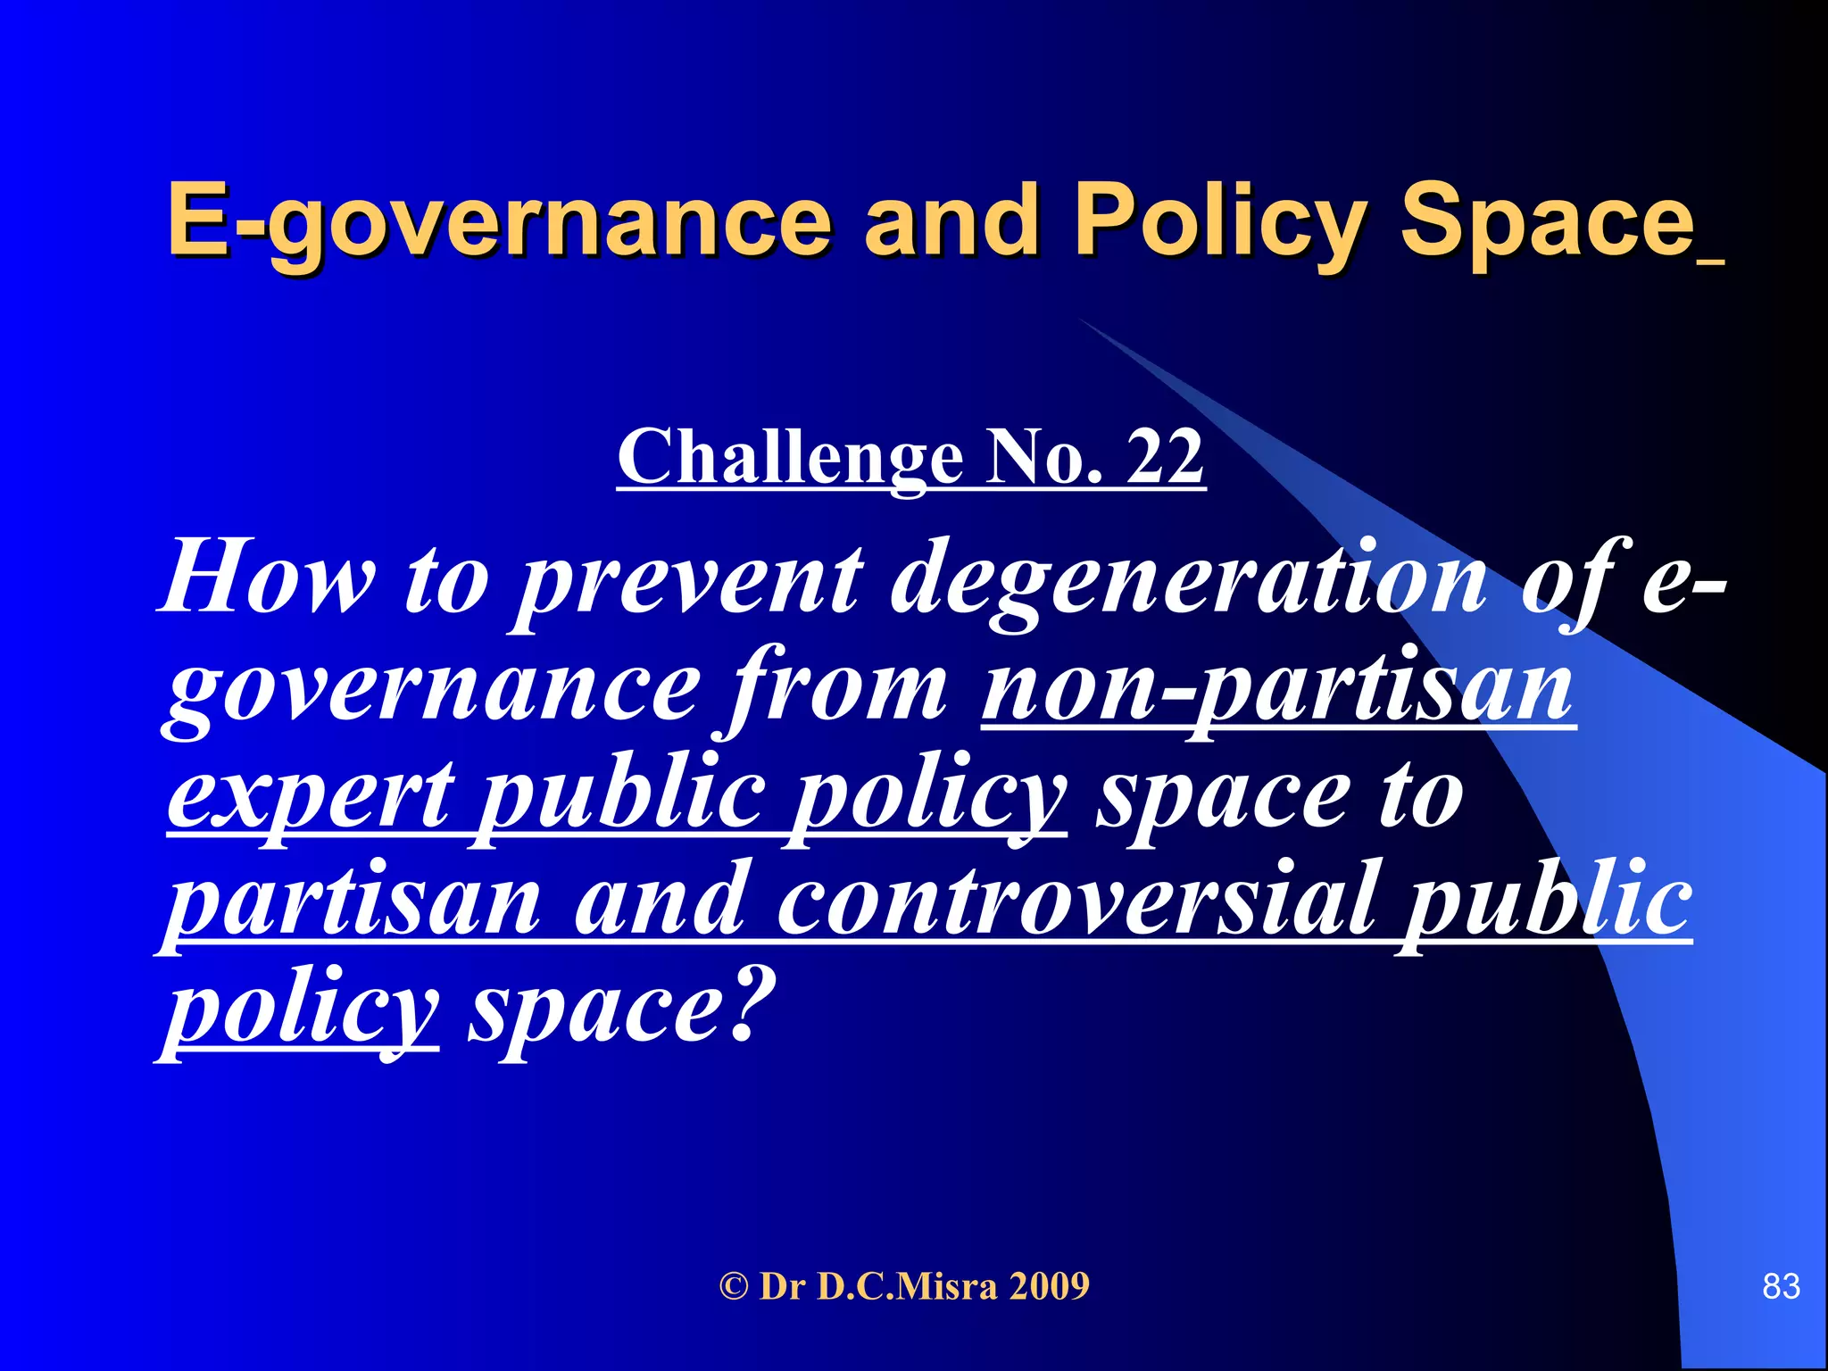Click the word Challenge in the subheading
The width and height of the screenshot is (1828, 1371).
point(789,457)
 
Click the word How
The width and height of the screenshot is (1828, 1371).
point(268,578)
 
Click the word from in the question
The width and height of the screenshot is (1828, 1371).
point(839,687)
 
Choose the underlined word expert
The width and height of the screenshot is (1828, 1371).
point(312,794)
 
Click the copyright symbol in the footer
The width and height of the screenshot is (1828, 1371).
point(733,1287)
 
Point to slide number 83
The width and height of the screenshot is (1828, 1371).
point(1781,1287)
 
